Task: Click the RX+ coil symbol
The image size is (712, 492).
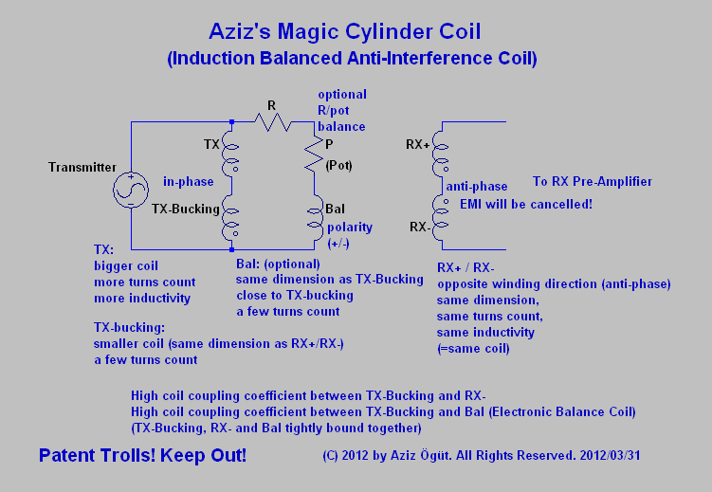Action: [x=438, y=158]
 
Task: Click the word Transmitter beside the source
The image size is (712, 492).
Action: [x=82, y=168]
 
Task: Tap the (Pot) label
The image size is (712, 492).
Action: [x=338, y=166]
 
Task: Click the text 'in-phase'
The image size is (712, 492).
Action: [x=189, y=181]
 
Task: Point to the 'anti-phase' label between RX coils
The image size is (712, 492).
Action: [x=484, y=187]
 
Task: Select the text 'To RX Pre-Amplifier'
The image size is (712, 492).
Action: [x=592, y=181]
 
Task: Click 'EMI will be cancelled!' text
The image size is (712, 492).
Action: [x=525, y=203]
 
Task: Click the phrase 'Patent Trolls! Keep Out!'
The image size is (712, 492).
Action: [x=142, y=456]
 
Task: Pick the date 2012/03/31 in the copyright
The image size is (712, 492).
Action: [x=610, y=455]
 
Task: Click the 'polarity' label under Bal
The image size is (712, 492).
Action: [x=349, y=228]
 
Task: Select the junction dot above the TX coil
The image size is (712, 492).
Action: [x=232, y=121]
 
